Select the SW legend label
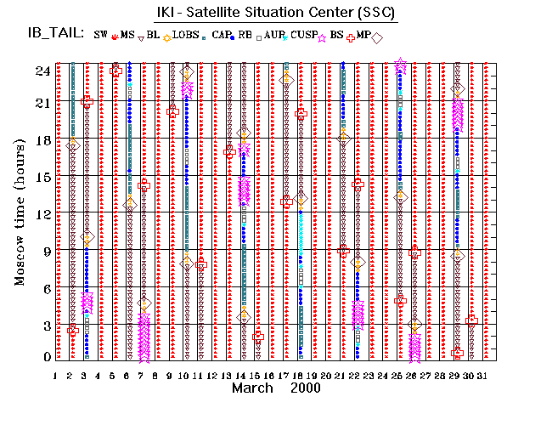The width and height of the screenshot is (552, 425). tap(101, 35)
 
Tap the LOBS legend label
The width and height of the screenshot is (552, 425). tap(188, 35)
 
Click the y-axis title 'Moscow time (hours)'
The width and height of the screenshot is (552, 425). tap(20, 212)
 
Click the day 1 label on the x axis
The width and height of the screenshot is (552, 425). tap(55, 375)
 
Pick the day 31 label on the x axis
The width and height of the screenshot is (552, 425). tap(483, 375)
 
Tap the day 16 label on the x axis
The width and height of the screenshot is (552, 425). tap(269, 375)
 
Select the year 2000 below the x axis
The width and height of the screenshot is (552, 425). tap(304, 388)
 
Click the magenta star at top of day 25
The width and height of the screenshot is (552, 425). tap(401, 65)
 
